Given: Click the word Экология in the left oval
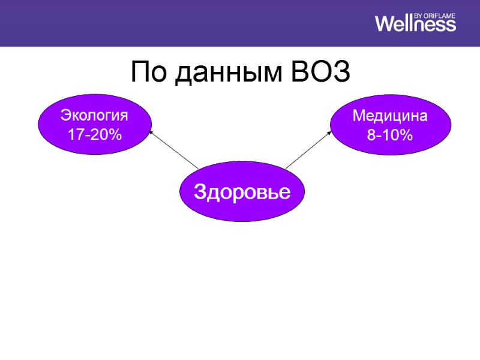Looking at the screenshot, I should click(95, 115).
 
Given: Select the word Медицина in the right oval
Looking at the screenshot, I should click(390, 116).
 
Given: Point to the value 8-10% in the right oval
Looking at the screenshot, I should click(390, 136).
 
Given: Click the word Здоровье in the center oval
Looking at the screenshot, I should click(242, 192).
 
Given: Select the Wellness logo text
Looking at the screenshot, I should click(415, 24).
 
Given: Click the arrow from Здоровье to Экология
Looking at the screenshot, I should click(174, 150).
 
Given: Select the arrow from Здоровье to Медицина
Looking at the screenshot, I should click(307, 150).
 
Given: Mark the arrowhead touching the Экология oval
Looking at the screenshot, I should click(151, 133).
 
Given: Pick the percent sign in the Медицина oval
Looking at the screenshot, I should click(406, 136).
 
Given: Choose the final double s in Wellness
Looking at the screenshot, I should click(446, 25).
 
